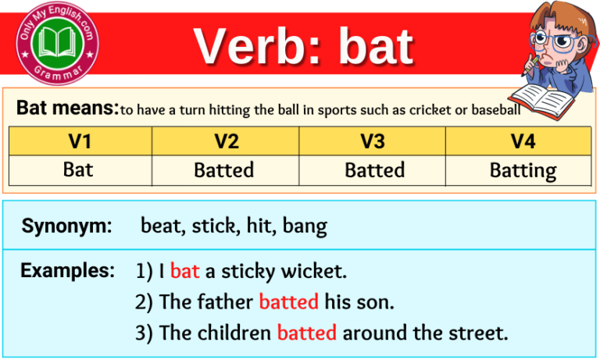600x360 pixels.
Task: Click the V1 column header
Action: [80, 141]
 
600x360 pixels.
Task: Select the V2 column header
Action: [226, 141]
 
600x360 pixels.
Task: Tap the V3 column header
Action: [373, 141]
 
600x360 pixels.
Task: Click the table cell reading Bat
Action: [80, 169]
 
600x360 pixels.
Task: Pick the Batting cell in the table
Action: [523, 170]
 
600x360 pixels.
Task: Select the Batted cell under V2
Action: [226, 169]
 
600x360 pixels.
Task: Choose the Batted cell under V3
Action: [373, 169]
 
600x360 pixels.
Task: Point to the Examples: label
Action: [67, 271]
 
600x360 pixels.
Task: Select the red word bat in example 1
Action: [185, 272]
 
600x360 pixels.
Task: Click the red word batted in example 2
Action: [288, 301]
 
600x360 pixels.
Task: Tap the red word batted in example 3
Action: [306, 333]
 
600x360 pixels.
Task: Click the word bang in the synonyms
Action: [305, 227]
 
